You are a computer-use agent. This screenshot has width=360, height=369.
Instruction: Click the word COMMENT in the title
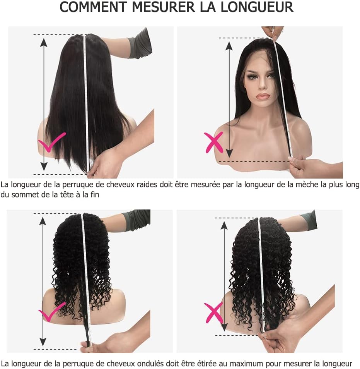click(x=93, y=7)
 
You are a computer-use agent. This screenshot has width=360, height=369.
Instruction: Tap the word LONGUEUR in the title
click(x=257, y=7)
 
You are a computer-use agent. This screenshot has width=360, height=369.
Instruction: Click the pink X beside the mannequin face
click(x=213, y=142)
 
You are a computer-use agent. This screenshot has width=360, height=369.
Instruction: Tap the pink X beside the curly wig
click(x=213, y=313)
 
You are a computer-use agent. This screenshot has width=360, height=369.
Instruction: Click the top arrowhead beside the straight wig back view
click(x=44, y=42)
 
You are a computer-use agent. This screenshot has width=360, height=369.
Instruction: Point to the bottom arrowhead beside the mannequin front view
click(x=229, y=153)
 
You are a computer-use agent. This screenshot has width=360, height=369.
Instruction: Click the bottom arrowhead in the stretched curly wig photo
click(x=43, y=342)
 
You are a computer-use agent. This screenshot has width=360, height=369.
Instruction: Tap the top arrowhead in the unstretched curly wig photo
click(x=224, y=226)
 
